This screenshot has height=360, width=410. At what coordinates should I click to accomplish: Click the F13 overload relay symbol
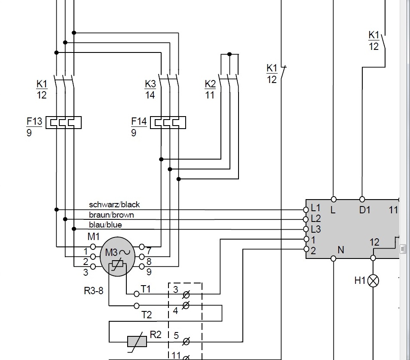(x=64, y=123)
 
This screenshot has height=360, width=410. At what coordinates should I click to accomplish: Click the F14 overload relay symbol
(x=168, y=123)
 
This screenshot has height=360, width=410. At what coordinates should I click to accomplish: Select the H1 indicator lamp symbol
(x=373, y=281)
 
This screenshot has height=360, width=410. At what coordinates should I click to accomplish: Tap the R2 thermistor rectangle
(x=137, y=342)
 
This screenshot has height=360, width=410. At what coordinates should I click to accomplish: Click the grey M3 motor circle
(x=117, y=256)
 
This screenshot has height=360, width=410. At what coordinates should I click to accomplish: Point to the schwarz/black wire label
(x=114, y=205)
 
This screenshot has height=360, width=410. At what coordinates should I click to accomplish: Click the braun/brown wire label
(x=111, y=215)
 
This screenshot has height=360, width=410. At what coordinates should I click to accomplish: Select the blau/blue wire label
(x=105, y=225)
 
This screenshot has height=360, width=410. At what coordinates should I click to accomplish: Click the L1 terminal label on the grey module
(x=315, y=208)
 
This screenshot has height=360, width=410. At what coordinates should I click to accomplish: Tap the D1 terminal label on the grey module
(x=365, y=210)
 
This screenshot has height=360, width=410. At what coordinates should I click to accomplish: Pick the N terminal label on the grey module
(x=341, y=250)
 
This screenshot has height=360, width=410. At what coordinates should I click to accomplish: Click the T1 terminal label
(x=146, y=289)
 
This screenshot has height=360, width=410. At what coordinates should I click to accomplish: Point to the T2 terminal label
(x=147, y=315)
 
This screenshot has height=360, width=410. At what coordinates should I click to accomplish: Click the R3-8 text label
(x=94, y=291)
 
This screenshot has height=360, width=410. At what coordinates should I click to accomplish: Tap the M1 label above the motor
(x=93, y=237)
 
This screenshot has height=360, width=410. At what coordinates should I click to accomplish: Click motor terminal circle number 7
(x=142, y=247)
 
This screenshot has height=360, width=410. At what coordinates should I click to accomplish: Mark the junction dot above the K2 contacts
(x=229, y=54)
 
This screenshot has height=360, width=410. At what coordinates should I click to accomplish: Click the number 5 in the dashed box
(x=176, y=335)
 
